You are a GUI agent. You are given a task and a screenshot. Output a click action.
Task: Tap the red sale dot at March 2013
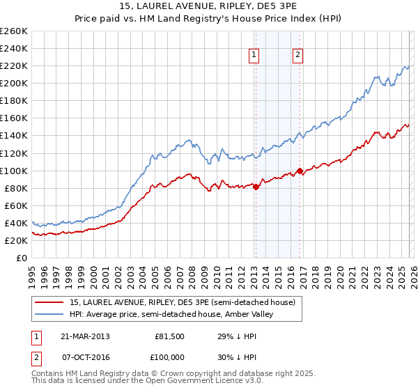tap(256, 186)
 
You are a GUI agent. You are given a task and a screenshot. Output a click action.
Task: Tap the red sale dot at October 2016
tap(300, 170)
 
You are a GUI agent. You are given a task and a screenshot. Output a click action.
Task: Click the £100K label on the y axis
tap(13, 171)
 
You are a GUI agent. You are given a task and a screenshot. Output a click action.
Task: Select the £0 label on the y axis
tap(22, 258)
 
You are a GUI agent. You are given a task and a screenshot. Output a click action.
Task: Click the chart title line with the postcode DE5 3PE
tap(209, 7)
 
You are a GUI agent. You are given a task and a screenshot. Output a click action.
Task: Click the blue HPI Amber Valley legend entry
tap(171, 314)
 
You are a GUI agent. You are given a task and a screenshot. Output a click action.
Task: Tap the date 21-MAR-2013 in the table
tap(84, 336)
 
